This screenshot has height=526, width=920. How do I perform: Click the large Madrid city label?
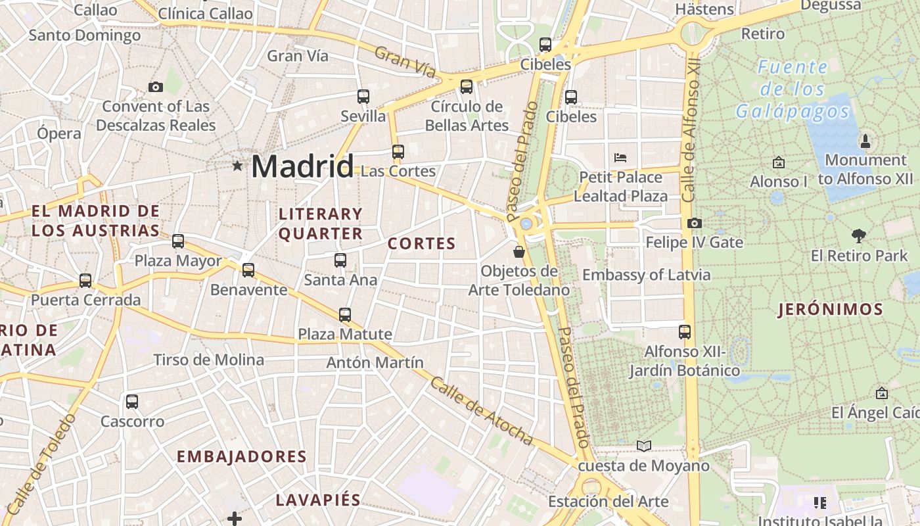302,166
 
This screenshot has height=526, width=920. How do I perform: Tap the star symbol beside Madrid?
237,166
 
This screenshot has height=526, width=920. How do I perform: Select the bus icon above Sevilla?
363,97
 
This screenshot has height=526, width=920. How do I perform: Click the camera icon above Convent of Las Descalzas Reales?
156,87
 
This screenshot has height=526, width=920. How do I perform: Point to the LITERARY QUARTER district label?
321,224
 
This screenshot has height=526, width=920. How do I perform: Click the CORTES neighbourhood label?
421,244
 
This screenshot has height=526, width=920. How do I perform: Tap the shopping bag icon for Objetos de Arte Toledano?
519,251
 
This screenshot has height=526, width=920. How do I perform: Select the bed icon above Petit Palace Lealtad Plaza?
620,158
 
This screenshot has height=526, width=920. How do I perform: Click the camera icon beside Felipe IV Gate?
694,224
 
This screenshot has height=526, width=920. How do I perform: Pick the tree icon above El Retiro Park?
858,236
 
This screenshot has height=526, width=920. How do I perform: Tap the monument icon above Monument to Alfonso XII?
865,141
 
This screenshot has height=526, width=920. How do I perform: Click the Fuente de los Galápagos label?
792,89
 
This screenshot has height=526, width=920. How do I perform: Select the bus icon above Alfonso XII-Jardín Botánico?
685,331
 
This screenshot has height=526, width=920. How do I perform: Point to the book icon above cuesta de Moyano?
644,446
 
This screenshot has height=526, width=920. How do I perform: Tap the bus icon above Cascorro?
132,401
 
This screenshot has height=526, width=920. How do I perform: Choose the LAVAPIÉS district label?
318,500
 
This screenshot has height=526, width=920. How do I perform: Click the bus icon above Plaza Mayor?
178,241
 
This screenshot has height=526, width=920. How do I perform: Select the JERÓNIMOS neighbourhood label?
830,310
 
